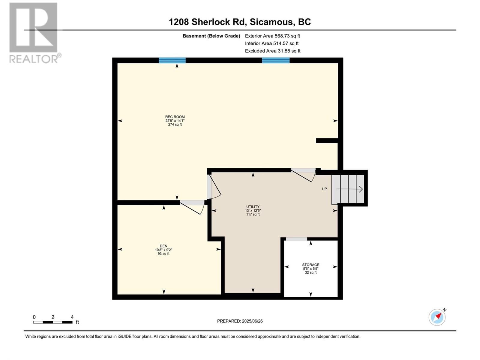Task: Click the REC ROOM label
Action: point(175,117)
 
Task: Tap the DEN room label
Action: point(163,246)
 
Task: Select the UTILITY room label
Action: point(253,207)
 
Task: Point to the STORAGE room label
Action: point(310,265)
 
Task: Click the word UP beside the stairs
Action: point(324,189)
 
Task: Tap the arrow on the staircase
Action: point(349,189)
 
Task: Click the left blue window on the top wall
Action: point(172,60)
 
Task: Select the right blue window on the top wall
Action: point(276,60)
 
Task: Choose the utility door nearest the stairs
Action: point(304,175)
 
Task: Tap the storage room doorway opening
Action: point(296,239)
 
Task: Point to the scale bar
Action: point(53,322)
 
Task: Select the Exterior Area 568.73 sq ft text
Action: point(272,36)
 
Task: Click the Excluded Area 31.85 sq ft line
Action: point(273,51)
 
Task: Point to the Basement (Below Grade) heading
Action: point(211,36)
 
